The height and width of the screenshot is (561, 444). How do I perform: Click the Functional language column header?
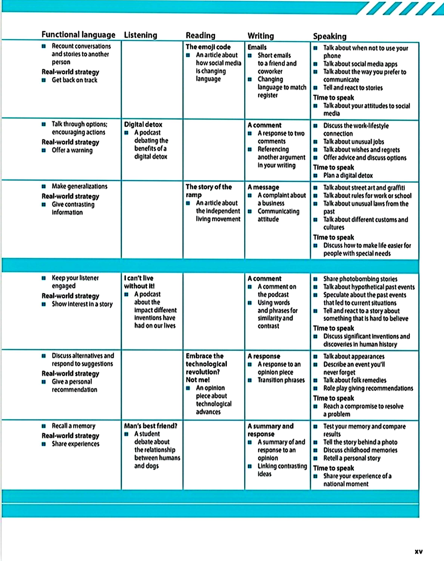click(x=78, y=35)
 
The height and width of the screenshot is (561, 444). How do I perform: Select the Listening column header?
click(x=140, y=35)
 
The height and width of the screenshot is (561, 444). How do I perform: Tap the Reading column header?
click(x=200, y=36)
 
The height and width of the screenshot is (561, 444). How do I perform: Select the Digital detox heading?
click(x=143, y=125)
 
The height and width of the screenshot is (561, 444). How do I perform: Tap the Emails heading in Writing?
click(x=257, y=47)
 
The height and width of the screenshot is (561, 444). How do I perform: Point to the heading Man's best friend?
click(x=150, y=426)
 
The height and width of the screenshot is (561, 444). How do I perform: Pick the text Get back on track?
click(x=74, y=80)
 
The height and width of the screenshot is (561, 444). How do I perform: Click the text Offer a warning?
click(x=72, y=150)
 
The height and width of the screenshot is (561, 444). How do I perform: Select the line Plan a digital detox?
click(x=348, y=175)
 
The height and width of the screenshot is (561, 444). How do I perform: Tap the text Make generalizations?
click(x=79, y=186)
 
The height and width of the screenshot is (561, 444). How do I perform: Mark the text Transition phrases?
click(x=281, y=380)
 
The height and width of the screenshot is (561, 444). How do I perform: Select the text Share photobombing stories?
click(x=360, y=279)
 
